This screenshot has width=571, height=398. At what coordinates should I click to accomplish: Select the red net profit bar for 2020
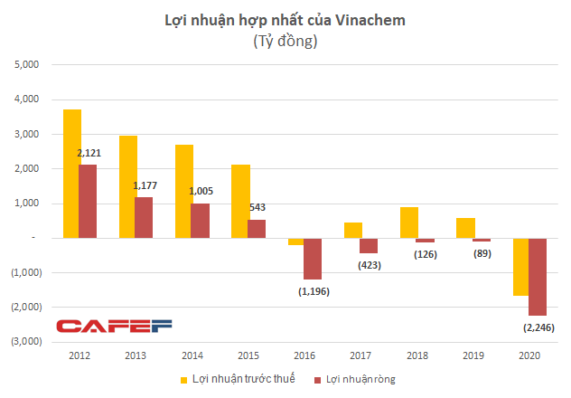(x=538, y=277)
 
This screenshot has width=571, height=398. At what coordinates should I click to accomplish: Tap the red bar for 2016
(x=312, y=259)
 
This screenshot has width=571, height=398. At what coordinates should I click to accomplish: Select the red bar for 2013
(x=144, y=217)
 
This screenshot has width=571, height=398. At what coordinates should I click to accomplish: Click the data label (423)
(x=369, y=266)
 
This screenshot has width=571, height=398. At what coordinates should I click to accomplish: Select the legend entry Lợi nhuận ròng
(x=362, y=380)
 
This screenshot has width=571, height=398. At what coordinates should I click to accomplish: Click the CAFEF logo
(x=113, y=326)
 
